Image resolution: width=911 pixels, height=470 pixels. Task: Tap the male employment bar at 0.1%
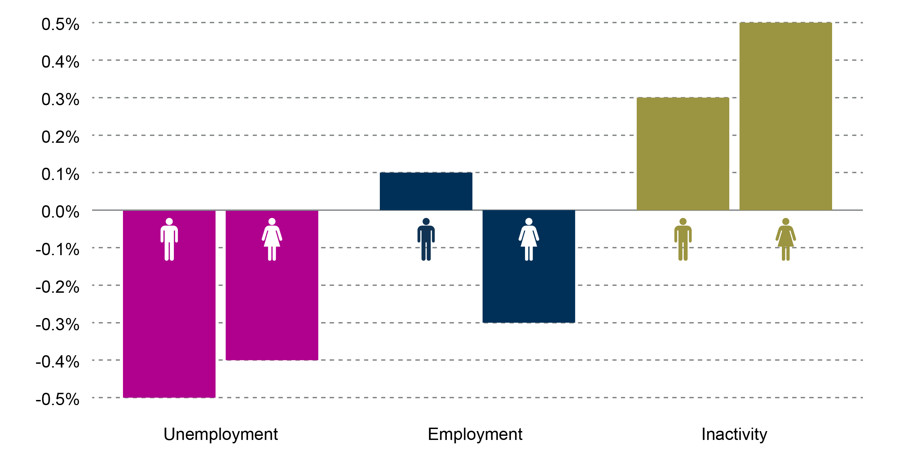click(x=426, y=191)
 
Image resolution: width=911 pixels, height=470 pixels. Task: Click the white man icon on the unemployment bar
click(x=169, y=239)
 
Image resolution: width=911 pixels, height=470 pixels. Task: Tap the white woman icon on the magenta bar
click(x=272, y=239)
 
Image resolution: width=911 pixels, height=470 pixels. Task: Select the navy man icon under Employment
click(x=426, y=239)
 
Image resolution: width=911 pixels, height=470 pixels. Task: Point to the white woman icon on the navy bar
click(x=528, y=239)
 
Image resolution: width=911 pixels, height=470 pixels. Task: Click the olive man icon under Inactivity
click(x=682, y=239)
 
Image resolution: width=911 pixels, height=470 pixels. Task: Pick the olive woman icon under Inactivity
click(x=785, y=239)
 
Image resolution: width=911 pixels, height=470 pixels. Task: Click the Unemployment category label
click(x=220, y=434)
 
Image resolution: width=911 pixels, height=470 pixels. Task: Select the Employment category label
click(x=474, y=434)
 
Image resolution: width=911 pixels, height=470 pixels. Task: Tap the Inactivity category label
click(x=734, y=434)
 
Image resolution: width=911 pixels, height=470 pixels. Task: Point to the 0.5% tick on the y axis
click(x=60, y=24)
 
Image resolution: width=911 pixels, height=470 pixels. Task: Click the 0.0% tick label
click(x=60, y=212)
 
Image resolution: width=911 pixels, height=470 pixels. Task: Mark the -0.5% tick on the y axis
click(x=57, y=399)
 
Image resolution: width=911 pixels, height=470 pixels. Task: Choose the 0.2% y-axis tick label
click(x=60, y=137)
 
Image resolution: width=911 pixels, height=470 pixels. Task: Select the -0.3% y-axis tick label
click(x=57, y=324)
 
